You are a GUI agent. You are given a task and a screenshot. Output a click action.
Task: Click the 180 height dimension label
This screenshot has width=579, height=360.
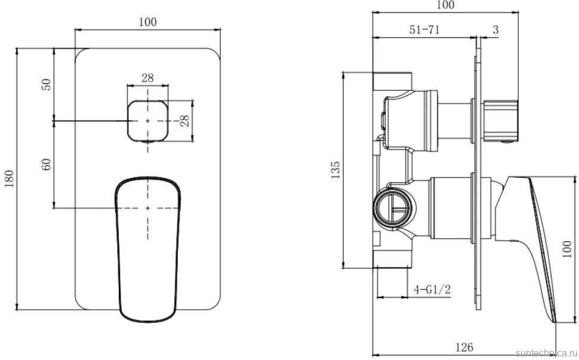[9, 179]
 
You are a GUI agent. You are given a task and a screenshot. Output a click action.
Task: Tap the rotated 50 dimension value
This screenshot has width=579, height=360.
[46, 85]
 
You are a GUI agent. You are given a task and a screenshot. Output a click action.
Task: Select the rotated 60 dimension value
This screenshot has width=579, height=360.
[46, 164]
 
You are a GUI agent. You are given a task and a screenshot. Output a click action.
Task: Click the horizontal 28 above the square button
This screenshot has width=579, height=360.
[147, 78]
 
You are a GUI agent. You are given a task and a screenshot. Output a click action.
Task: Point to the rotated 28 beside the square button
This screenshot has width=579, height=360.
[184, 121]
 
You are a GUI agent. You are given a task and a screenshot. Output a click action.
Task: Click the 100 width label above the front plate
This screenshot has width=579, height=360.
[147, 21]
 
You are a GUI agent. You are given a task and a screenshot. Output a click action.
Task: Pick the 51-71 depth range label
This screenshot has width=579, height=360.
[424, 29]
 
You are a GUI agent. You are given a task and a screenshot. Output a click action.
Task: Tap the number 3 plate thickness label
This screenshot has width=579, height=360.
[495, 29]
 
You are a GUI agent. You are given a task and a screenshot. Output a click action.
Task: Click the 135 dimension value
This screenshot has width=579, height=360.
[335, 170]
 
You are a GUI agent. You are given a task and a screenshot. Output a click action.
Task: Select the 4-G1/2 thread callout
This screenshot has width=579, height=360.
[432, 289]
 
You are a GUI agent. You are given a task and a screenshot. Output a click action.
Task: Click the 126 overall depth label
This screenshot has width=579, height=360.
[464, 347]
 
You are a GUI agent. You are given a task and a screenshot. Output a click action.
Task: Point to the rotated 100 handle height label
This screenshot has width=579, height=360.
[567, 249]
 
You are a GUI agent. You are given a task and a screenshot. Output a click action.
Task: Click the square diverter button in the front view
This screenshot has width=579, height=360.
[147, 121]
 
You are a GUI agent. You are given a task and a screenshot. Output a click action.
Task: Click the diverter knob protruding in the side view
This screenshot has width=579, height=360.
[500, 121]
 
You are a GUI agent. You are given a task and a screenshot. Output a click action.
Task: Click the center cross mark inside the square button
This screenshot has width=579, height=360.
[147, 121]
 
